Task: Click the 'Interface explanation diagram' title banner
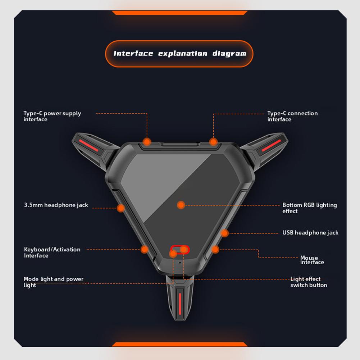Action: pyautogui.click(x=179, y=54)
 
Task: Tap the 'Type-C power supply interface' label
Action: pyautogui.click(x=52, y=116)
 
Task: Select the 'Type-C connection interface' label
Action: pyautogui.click(x=292, y=116)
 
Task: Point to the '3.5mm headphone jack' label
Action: pyautogui.click(x=56, y=205)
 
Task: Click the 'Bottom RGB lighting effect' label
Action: pyautogui.click(x=309, y=208)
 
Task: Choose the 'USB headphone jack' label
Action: pyautogui.click(x=310, y=233)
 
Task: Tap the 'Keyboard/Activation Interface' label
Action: pyautogui.click(x=52, y=252)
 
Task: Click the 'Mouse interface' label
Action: pyautogui.click(x=309, y=260)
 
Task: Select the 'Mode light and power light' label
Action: pyautogui.click(x=53, y=282)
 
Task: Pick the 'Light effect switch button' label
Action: pyautogui.click(x=309, y=282)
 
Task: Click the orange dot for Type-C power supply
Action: pyautogui.click(x=147, y=141)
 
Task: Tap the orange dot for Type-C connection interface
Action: pyautogui.click(x=214, y=141)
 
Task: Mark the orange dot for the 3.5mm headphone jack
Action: pyautogui.click(x=121, y=208)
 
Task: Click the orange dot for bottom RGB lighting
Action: pyautogui.click(x=181, y=205)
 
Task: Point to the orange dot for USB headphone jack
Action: pyautogui.click(x=225, y=233)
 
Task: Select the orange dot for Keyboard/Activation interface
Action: pyautogui.click(x=145, y=249)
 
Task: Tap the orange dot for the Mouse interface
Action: pyautogui.click(x=215, y=249)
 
